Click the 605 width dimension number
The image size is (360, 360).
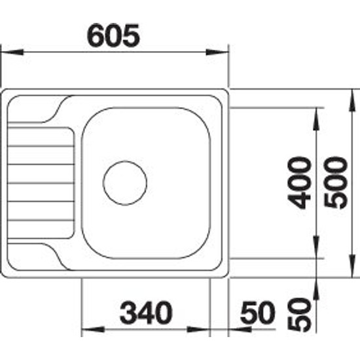[113, 35]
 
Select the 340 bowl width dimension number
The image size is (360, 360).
[146, 312]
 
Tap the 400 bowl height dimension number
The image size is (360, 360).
[300, 183]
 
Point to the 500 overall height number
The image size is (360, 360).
[335, 183]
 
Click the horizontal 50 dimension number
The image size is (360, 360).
[258, 312]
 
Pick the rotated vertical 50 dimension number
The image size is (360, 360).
[300, 315]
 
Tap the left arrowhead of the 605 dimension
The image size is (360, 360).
[12, 52]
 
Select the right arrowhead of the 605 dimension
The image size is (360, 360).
[217, 52]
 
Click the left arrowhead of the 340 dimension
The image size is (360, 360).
[93, 330]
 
